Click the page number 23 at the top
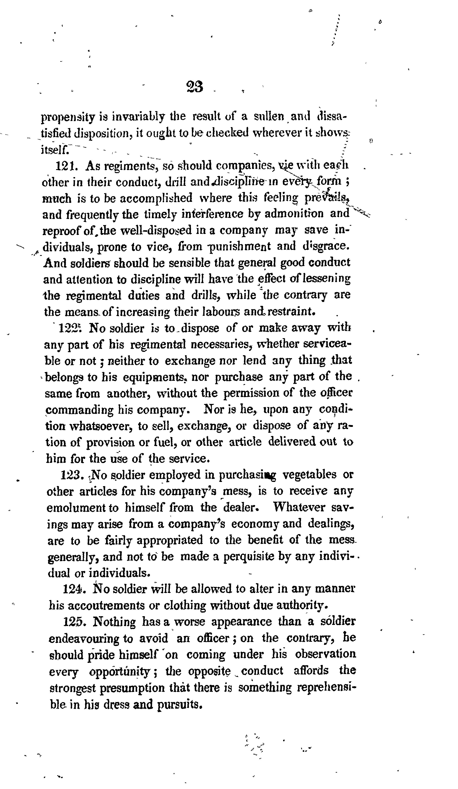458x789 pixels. [194, 87]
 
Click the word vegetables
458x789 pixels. [309, 475]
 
